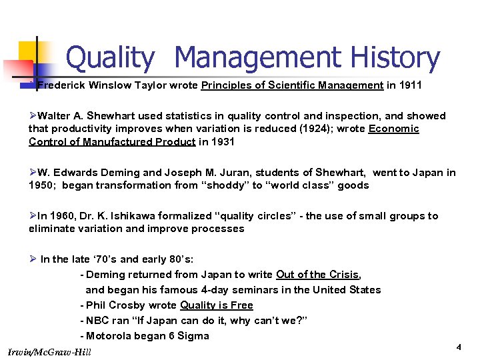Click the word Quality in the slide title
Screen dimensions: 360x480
pyautogui.click(x=109, y=58)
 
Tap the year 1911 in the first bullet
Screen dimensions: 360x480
pyautogui.click(x=408, y=85)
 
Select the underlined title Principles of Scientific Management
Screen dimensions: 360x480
pyautogui.click(x=292, y=85)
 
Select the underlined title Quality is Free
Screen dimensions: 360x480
pyautogui.click(x=217, y=305)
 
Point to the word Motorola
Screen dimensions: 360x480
pyautogui.click(x=110, y=336)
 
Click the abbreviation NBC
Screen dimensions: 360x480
pyautogui.click(x=98, y=321)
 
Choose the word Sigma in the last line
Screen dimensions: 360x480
pyautogui.click(x=193, y=336)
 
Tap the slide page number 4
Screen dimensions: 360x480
pyautogui.click(x=459, y=348)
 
